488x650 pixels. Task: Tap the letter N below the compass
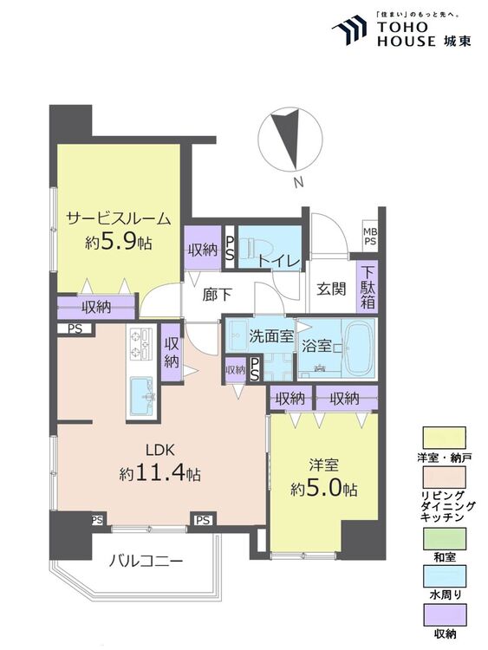(x=297, y=182)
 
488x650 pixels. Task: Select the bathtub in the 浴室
(x=359, y=348)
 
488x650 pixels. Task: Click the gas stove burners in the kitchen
(x=140, y=343)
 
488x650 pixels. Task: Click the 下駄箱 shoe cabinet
(x=367, y=287)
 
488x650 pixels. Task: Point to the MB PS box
(x=370, y=236)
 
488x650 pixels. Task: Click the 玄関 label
(x=331, y=289)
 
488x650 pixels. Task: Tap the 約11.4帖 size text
(x=159, y=473)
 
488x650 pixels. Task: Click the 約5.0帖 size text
(x=324, y=489)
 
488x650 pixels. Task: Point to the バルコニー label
(x=146, y=562)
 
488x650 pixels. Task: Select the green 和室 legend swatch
(x=444, y=538)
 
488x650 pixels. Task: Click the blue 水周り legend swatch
(x=444, y=576)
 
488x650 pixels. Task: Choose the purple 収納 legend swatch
(x=444, y=614)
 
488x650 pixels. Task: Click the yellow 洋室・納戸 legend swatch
(x=444, y=439)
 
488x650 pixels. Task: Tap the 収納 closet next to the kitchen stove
(x=172, y=353)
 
